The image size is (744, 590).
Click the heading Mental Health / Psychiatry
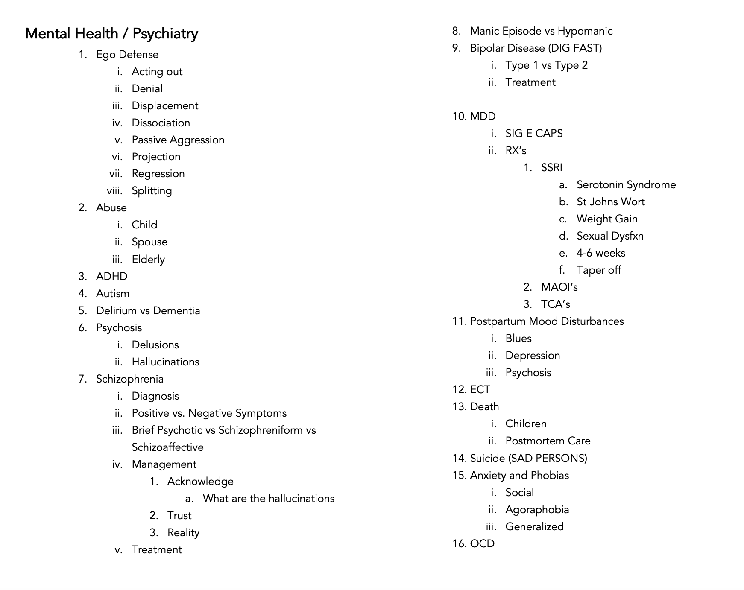tap(111, 34)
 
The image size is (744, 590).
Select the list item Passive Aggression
tap(178, 140)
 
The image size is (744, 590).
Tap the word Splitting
tap(152, 191)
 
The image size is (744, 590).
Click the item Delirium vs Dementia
tap(148, 311)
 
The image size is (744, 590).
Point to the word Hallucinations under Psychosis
tap(165, 362)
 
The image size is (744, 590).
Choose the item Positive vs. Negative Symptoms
tap(209, 413)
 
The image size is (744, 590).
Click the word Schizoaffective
tap(167, 447)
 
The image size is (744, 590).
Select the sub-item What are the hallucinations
tap(268, 499)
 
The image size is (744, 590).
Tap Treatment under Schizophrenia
tap(156, 550)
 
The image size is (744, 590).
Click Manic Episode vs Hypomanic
tap(541, 31)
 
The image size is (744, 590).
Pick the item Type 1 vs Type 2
tap(546, 65)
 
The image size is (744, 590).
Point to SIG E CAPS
tap(534, 134)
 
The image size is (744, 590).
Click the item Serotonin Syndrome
tap(626, 185)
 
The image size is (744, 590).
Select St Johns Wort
tap(610, 202)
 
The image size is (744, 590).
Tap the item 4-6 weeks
tap(600, 253)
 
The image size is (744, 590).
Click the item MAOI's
tap(559, 287)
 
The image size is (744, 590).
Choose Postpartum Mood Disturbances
tap(547, 321)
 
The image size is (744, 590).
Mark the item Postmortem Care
tap(548, 441)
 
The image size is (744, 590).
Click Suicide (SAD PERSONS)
tap(528, 459)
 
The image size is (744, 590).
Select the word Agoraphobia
tap(537, 510)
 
